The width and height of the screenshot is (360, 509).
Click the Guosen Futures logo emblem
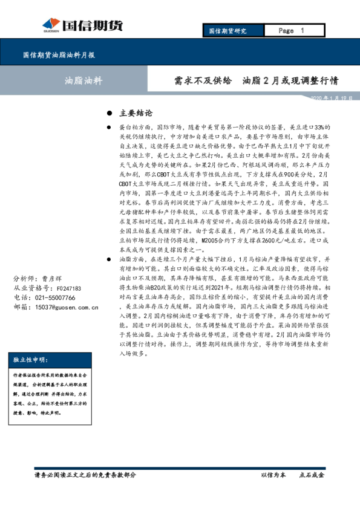click(51, 25)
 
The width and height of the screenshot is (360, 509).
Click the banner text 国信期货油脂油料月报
click(59, 55)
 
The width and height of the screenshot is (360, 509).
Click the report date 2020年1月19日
click(331, 98)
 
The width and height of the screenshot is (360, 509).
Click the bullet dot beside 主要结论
click(109, 114)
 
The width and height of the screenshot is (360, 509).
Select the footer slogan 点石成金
click(312, 475)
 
